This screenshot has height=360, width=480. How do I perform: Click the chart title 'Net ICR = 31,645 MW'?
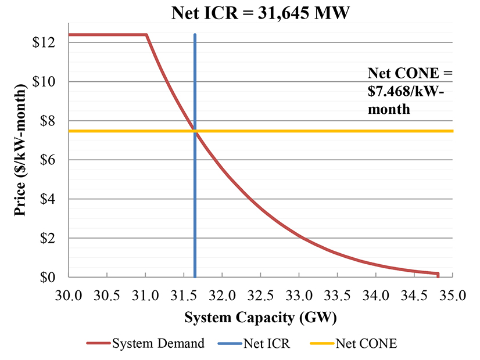pos(260,12)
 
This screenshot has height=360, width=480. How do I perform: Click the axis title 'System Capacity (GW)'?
pos(260,318)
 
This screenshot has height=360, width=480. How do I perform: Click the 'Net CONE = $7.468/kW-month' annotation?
pos(409,91)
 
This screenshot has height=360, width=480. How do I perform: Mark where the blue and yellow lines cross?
pos(195,131)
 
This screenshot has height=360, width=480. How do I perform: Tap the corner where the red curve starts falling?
pos(146,35)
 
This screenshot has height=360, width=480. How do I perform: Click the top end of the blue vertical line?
pos(195,35)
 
